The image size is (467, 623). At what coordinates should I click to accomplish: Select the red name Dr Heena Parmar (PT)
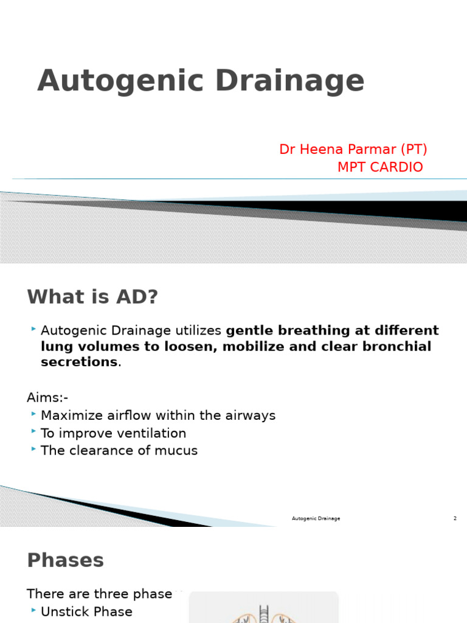[x=353, y=150]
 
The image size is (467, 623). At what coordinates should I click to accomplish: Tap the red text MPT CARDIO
[x=380, y=167]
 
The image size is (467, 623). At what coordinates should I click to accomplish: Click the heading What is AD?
[x=92, y=297]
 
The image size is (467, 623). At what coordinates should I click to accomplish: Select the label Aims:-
[x=47, y=398]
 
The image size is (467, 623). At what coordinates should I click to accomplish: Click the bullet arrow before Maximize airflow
[x=33, y=415]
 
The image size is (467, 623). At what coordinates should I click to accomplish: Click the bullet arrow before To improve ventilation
[x=33, y=433]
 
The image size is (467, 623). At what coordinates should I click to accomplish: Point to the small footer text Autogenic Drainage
[x=316, y=518]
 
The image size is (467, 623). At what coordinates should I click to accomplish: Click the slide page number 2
[x=455, y=518]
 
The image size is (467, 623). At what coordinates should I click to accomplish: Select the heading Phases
[x=65, y=560]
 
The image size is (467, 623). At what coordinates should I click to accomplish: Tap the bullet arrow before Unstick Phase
[x=33, y=611]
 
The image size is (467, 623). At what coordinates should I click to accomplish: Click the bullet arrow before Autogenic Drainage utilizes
[x=33, y=330]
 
